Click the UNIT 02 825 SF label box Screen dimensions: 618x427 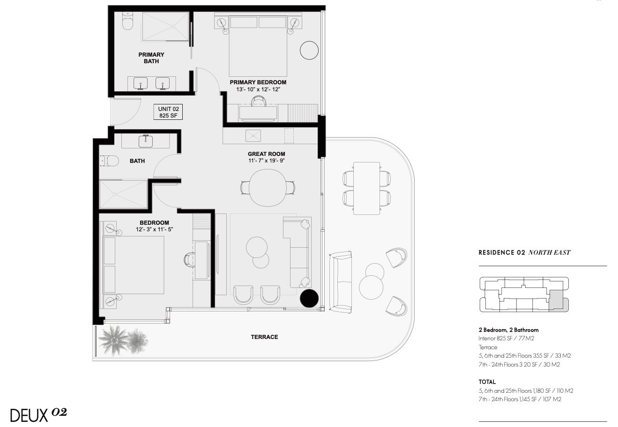168,112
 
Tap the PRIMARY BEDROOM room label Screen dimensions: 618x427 258,82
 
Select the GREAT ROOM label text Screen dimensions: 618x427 266,154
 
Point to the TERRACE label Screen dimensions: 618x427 264,337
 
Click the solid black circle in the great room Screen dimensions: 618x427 309,298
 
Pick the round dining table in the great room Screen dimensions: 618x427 268,188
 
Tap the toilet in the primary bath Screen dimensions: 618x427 128,21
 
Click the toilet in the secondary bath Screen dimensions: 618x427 109,161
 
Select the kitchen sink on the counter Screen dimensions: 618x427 253,136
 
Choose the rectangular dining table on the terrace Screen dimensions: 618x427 366,188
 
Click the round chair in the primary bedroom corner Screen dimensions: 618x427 309,50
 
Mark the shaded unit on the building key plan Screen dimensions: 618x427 558,301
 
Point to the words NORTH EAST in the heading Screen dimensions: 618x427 549,252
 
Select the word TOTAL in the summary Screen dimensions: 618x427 487,382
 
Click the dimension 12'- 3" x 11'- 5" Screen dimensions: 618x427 154,229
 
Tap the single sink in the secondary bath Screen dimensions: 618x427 145,141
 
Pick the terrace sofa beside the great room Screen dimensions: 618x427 341,282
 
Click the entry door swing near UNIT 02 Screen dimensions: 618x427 126,111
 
